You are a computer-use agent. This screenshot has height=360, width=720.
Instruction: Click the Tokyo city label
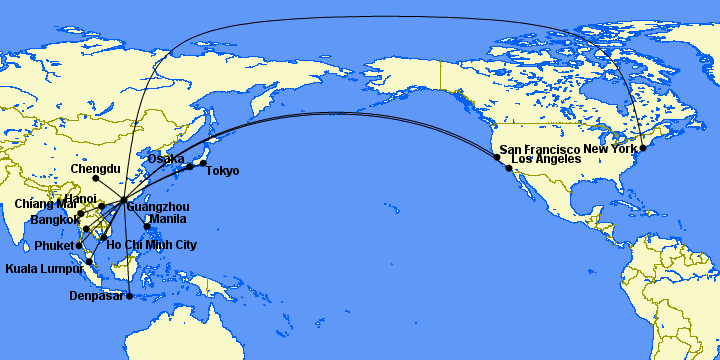tap(222, 171)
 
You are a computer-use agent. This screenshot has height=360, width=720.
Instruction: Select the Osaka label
tap(166, 158)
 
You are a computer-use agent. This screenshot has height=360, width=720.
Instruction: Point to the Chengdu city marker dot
tap(95, 179)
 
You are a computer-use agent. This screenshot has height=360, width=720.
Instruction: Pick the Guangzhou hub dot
tap(123, 201)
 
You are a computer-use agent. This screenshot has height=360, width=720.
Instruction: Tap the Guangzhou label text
tap(159, 207)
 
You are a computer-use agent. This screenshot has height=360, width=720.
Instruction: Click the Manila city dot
tap(148, 226)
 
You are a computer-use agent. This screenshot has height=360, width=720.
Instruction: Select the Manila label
tap(166, 219)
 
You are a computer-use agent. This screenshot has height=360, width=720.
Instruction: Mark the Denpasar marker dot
tap(129, 295)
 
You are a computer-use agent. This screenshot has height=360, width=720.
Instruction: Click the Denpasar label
tap(95, 295)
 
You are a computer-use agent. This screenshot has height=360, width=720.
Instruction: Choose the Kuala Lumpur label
tap(43, 269)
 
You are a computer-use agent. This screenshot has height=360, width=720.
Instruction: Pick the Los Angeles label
tap(545, 159)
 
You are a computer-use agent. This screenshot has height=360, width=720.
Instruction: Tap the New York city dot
tap(643, 148)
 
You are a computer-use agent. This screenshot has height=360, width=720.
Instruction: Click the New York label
tap(609, 149)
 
